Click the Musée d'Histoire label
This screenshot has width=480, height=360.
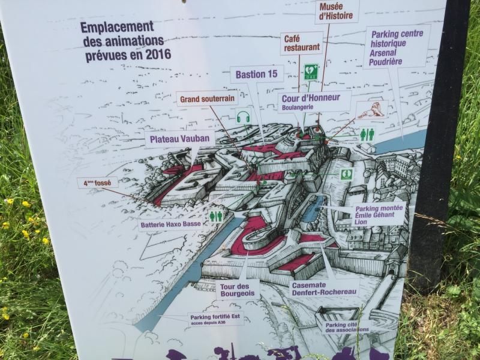tap(337, 11)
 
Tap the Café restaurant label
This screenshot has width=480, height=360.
tap(301, 43)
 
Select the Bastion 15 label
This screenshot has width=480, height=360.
tap(256, 74)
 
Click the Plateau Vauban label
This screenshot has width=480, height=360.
tap(179, 139)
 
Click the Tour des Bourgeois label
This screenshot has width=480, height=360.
tap(238, 289)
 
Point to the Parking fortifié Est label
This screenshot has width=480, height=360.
tap(215, 319)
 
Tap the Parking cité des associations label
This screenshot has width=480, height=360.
tap(346, 327)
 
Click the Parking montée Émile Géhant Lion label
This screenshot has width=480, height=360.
tap(378, 214)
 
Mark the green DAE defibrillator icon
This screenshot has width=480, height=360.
tap(310, 72)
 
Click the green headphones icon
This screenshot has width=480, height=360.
tap(242, 116)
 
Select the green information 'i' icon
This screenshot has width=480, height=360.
tap(346, 174)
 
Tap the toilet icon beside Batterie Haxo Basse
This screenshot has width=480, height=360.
tap(215, 216)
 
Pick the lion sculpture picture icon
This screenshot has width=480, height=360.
tap(371, 110)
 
